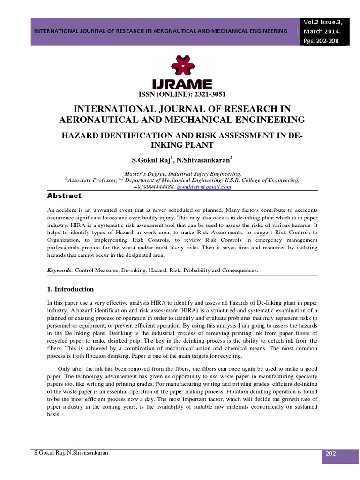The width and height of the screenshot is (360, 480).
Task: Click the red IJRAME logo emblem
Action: click(187, 66)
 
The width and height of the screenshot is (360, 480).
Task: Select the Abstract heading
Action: click(65, 195)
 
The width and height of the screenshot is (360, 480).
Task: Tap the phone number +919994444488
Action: click(154, 187)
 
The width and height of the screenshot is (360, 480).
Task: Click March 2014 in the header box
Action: click(322, 31)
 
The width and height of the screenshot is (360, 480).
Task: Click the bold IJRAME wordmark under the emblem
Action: click(186, 83)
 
